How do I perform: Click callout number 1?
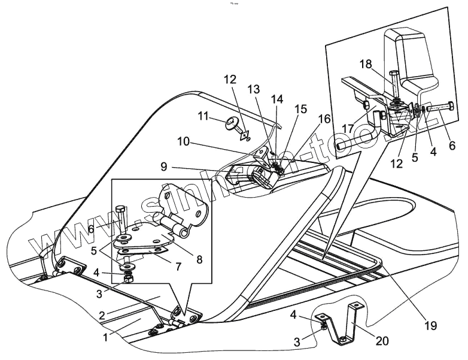click(105, 337)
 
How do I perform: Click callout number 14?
click(277, 98)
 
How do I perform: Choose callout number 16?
click(323, 119)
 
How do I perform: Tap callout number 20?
click(382, 341)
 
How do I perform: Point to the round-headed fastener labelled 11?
click(232, 125)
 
